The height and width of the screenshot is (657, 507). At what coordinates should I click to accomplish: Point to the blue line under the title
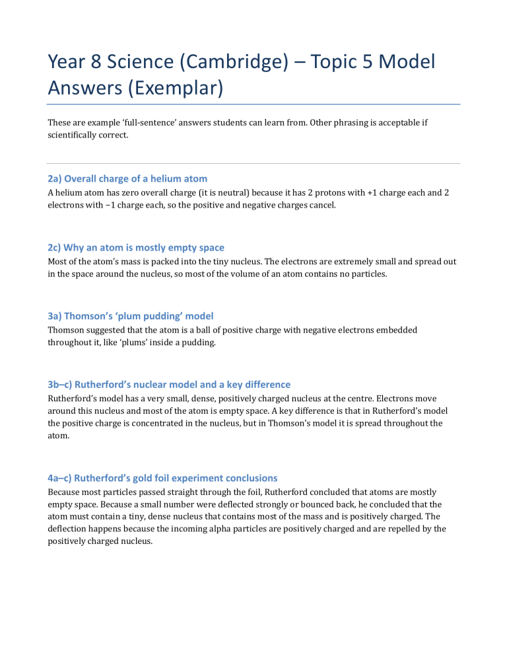tap(253, 104)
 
